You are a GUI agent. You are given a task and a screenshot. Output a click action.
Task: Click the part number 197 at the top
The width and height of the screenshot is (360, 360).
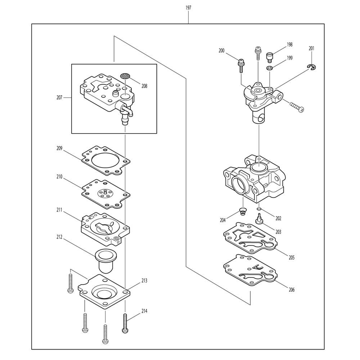pos(188,8)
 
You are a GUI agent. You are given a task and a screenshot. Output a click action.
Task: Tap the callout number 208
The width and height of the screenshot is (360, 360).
pos(144,86)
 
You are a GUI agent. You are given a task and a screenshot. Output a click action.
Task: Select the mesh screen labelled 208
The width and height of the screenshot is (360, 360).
pos(125,76)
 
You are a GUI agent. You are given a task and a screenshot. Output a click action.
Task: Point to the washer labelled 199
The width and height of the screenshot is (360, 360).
pos(270,68)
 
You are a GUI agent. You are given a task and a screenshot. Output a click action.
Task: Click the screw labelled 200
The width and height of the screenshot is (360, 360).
pos(241,64)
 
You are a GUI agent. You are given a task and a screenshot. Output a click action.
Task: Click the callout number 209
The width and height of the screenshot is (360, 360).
pos(59,148)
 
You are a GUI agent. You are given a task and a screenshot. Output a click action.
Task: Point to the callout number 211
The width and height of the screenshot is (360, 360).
pos(59,210)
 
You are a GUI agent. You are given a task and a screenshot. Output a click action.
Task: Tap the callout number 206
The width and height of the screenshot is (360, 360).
pos(292,289)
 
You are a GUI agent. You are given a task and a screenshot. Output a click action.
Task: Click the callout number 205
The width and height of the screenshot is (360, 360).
pos(292,257)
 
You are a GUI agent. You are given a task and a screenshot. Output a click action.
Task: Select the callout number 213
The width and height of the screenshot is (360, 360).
pos(144,280)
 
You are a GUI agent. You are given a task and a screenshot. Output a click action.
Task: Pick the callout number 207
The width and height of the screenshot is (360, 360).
pos(59,97)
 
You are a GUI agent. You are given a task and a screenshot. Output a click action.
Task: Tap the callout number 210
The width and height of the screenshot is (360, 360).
pos(59,177)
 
